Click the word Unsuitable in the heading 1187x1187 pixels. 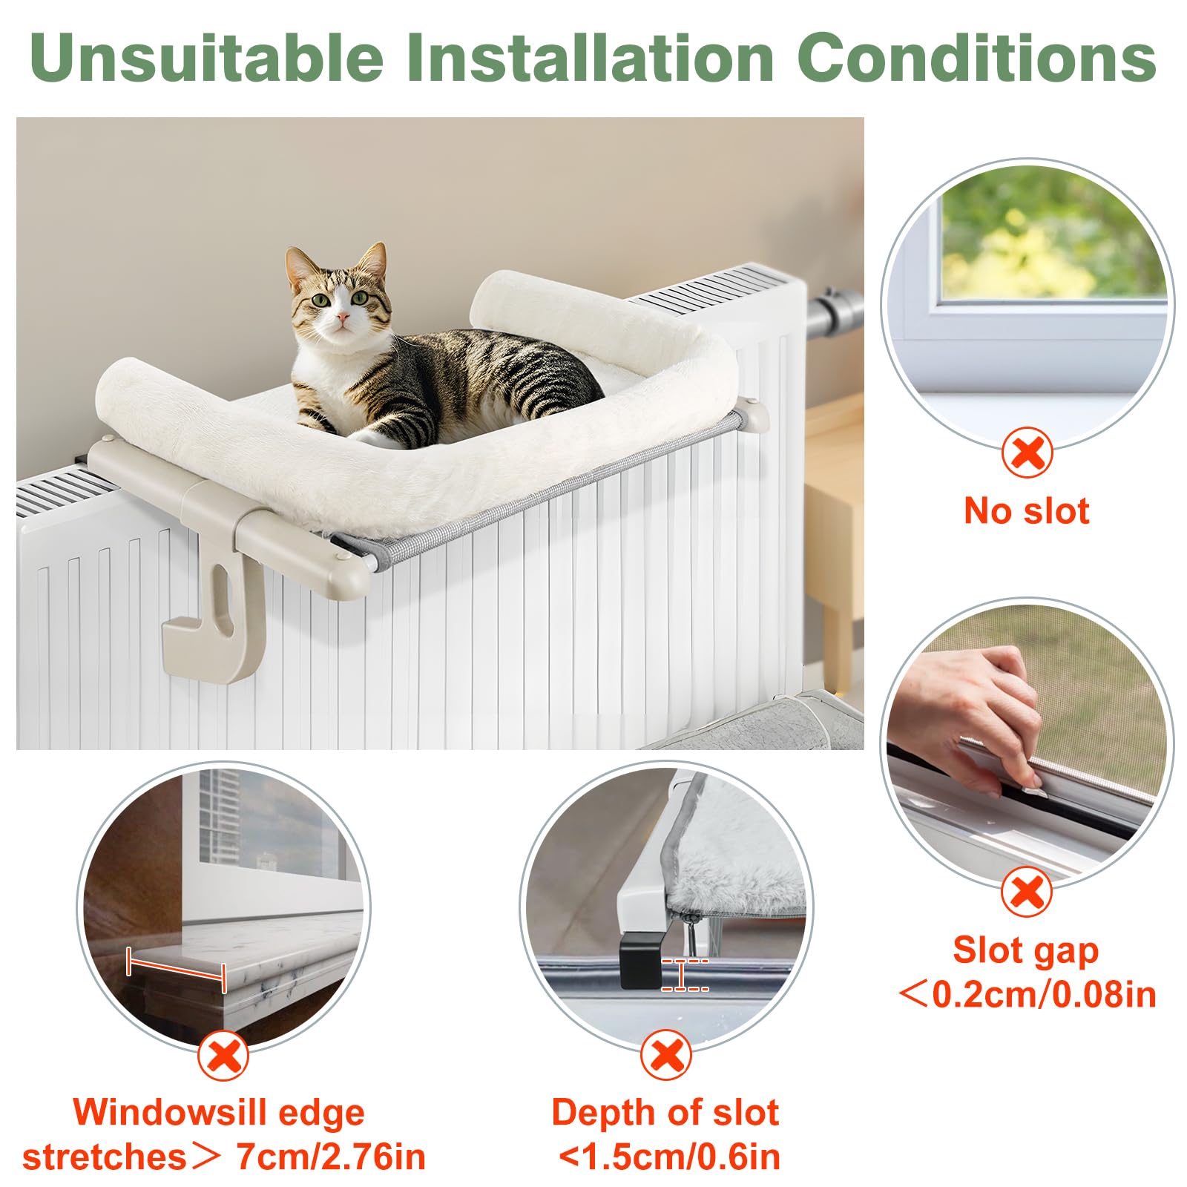point(206,58)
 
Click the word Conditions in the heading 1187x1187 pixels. point(977,58)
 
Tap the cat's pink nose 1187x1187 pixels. point(342,318)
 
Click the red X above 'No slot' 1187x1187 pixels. point(1027,452)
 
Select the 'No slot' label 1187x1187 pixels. point(1027,511)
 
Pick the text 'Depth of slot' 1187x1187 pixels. point(665,1113)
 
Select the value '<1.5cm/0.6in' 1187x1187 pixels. point(669,1157)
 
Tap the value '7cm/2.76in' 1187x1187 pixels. point(331,1157)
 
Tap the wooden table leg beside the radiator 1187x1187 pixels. point(839,645)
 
